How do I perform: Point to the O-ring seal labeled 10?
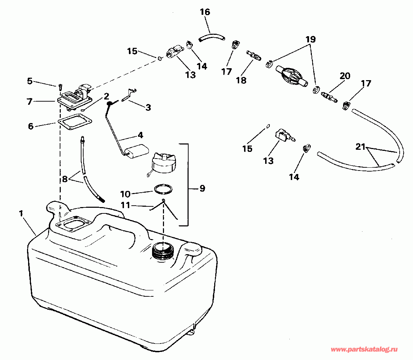pos(163,189)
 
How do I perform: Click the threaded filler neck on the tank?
pos(163,251)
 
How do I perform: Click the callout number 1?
pos(22,213)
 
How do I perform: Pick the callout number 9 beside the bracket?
pos(202,188)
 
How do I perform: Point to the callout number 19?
pos(310,40)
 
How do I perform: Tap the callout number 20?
pos(345,76)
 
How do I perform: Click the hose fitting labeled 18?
pos(254,56)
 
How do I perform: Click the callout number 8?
pos(65,179)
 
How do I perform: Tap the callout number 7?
pos(29,102)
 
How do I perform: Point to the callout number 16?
pos(205,12)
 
